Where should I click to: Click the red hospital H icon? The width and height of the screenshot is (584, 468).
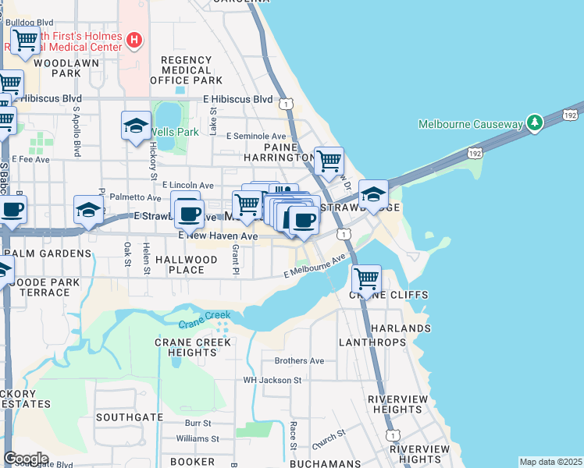point(134,39)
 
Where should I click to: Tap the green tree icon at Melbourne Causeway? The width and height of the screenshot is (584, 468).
point(534,123)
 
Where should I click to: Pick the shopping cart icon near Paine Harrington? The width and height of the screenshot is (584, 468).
point(329,161)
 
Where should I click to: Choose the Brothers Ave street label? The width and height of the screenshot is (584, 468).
point(299,361)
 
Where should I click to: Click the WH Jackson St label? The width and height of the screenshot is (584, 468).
point(272,381)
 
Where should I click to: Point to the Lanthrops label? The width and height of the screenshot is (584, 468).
point(372,342)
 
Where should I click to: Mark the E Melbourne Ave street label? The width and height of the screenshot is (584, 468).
point(314,267)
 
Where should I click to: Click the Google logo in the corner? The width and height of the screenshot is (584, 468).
point(26,458)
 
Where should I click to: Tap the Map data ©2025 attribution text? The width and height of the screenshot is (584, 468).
point(550,462)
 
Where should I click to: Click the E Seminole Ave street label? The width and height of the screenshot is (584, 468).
point(256,136)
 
